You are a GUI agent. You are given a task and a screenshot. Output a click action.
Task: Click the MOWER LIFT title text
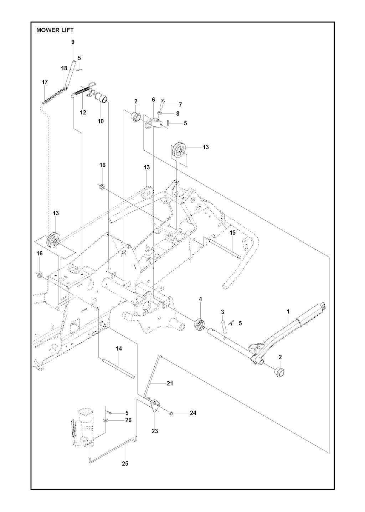pyautogui.click(x=55, y=30)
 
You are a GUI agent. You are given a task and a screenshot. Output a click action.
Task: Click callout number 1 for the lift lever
pyautogui.click(x=288, y=312)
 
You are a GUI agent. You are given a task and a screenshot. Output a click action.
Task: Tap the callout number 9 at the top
pyautogui.click(x=73, y=42)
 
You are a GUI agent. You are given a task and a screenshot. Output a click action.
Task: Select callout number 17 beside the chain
pyautogui.click(x=45, y=82)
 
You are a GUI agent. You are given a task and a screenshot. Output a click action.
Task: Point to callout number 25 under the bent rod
pyautogui.click(x=125, y=464)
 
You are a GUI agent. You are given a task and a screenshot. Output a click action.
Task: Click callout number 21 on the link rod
pyautogui.click(x=170, y=383)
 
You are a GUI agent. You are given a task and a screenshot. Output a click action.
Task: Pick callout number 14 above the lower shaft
pyautogui.click(x=119, y=348)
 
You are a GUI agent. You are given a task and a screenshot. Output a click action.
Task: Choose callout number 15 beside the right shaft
pyautogui.click(x=232, y=232)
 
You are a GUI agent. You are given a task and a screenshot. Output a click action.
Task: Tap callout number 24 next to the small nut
pyautogui.click(x=193, y=413)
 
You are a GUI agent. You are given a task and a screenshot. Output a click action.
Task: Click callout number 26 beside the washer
pyautogui.click(x=128, y=420)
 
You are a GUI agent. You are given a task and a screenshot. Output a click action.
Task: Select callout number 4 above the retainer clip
pyautogui.click(x=200, y=299)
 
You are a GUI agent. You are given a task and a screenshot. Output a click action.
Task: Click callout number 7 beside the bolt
pyautogui.click(x=180, y=105)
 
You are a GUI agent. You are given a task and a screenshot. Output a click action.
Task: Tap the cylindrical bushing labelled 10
pyautogui.click(x=102, y=97)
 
